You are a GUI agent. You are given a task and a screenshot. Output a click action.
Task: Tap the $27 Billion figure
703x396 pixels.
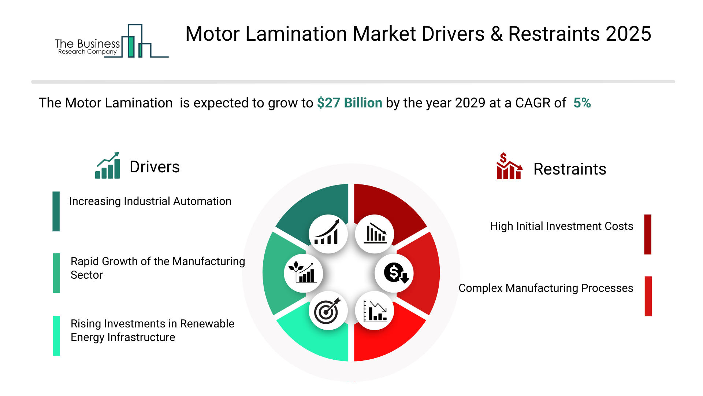pos(349,103)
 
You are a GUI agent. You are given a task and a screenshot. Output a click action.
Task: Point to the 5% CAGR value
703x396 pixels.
pos(582,103)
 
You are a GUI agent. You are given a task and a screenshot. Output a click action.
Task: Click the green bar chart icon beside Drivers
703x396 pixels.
pos(108,166)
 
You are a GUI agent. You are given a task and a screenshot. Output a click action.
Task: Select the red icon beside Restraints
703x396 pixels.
pos(509,167)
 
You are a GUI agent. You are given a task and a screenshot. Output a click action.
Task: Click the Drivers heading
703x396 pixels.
pos(155,167)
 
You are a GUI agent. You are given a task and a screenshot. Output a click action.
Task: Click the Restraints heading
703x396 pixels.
pos(569,169)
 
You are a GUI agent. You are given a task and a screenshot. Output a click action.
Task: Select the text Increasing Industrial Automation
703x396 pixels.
pos(150,201)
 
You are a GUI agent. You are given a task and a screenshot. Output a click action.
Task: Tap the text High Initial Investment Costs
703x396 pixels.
pos(561,226)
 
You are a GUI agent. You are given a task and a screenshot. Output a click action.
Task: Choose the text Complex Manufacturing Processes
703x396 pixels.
pos(546,288)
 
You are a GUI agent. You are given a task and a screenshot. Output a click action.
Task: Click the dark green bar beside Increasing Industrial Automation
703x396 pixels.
pos(56,211)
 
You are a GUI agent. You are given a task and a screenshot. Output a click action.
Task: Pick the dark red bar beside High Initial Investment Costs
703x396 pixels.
pos(648,234)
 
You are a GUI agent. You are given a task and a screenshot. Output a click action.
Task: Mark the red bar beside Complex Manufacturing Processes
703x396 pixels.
pos(648,296)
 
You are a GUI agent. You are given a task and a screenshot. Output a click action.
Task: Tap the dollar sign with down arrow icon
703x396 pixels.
pos(394,273)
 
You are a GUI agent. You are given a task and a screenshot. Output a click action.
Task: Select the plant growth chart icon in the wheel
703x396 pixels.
pos(303,273)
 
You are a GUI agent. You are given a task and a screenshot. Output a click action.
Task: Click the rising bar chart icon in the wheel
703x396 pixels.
pos(328,234)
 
